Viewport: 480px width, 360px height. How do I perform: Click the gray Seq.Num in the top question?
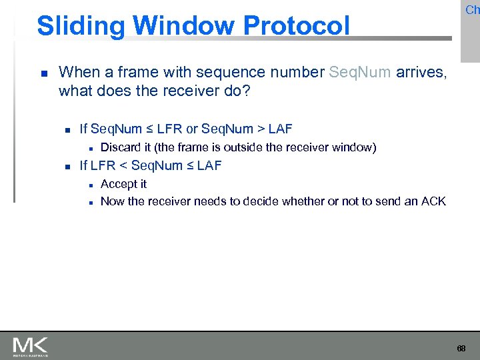click(x=360, y=72)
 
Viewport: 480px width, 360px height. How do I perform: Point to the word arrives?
click(x=421, y=72)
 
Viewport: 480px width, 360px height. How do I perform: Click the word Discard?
click(x=120, y=147)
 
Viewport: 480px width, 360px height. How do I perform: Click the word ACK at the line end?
click(x=434, y=201)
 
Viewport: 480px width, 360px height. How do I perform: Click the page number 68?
click(x=461, y=349)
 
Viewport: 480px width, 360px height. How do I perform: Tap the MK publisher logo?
click(x=30, y=345)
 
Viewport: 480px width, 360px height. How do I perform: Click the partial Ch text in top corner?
click(x=472, y=10)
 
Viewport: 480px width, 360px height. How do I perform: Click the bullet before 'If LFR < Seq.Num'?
click(x=65, y=166)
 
